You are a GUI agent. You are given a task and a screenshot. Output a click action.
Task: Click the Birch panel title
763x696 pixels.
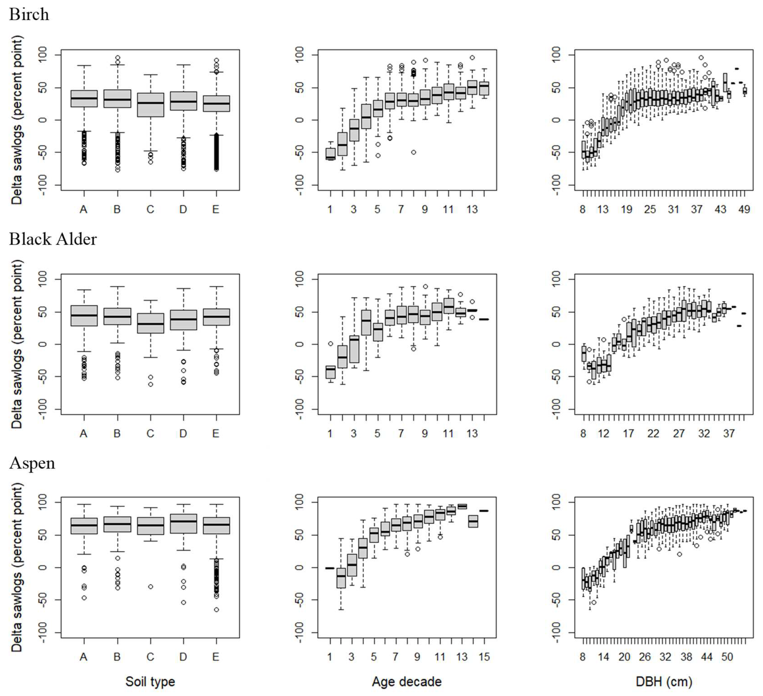(29, 14)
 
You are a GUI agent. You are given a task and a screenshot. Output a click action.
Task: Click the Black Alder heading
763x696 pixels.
(53, 239)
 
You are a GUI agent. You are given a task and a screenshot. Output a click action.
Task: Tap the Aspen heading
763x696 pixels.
(32, 463)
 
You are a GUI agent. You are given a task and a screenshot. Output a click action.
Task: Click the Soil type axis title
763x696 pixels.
(150, 681)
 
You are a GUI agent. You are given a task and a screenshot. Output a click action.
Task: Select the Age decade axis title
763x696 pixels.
(407, 681)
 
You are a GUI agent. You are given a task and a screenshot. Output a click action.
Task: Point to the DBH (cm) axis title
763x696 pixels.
(664, 681)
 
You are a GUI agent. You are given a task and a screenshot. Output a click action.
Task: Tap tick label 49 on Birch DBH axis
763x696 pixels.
(744, 209)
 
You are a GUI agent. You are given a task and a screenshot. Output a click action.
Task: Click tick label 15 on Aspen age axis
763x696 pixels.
(484, 657)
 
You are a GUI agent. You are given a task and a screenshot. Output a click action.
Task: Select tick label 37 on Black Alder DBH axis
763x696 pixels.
(729, 434)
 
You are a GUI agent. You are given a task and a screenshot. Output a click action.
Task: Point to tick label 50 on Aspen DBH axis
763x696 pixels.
(727, 657)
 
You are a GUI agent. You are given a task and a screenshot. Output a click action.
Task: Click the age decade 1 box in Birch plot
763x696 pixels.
(330, 154)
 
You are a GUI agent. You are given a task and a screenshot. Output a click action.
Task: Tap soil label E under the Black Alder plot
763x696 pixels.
(216, 434)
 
